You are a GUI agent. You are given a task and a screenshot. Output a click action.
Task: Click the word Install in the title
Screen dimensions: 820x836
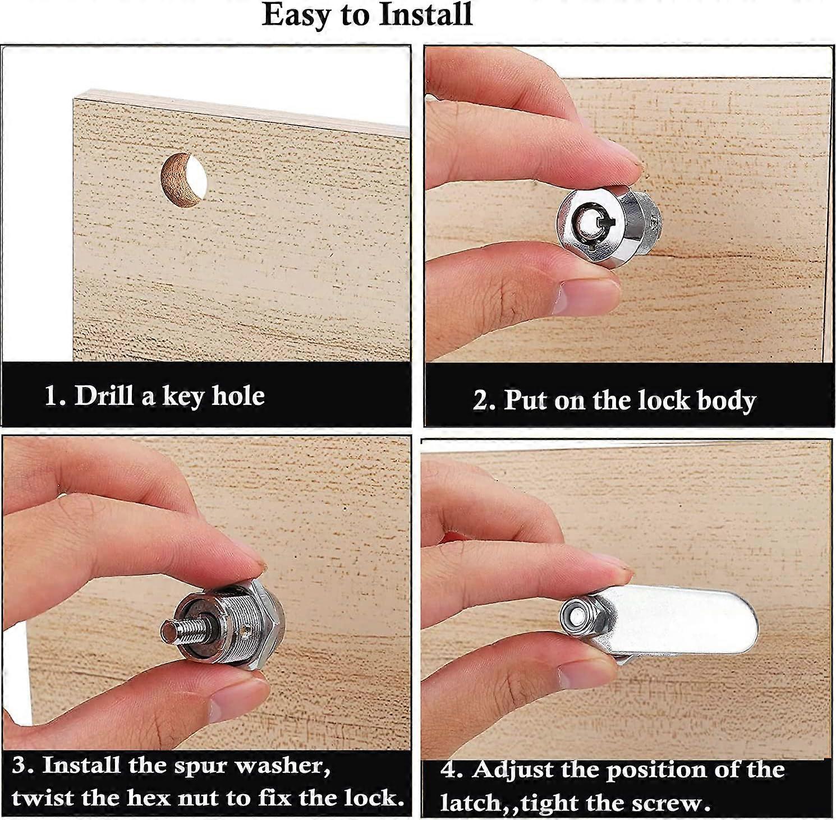(x=425, y=15)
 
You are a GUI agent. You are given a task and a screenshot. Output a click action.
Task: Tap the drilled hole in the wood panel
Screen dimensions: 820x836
(x=184, y=181)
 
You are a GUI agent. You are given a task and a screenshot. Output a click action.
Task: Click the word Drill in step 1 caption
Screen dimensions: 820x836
(x=104, y=396)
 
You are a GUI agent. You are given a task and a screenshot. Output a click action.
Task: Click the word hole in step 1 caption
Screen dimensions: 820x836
(x=238, y=396)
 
